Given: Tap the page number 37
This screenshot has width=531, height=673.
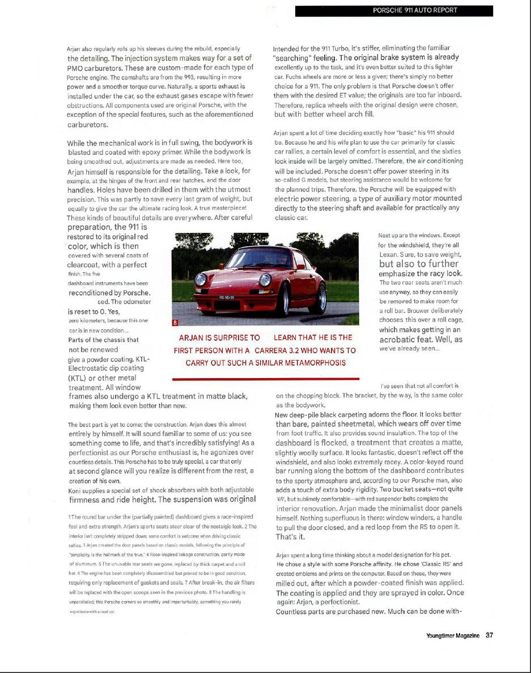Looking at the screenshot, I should pos(489,636).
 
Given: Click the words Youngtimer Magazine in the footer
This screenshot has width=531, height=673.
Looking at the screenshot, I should pos(453,636).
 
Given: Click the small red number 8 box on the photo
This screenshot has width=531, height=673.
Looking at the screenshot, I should pos(175,322).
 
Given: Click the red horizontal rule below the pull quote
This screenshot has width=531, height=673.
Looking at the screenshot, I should pos(265,378).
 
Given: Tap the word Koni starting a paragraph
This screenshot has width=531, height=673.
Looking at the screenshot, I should pos(75,490).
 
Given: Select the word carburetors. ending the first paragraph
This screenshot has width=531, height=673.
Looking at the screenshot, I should pos(88,124).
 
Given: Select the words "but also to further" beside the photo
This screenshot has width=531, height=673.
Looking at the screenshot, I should pos(419,264).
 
